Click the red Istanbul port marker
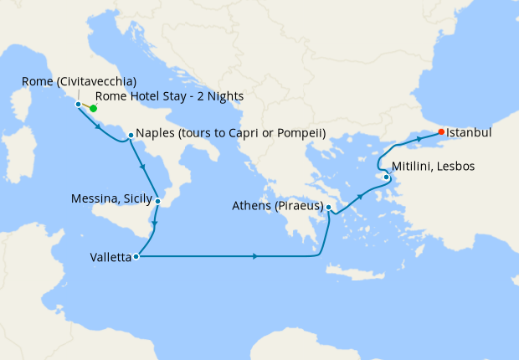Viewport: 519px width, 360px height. point(441,132)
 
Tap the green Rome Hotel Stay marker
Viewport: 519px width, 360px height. point(94,108)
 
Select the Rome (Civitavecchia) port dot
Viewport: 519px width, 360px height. point(78,105)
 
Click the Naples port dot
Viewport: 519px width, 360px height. point(130,135)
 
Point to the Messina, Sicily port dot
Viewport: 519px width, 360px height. point(157,201)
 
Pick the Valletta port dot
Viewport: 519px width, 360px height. point(136,257)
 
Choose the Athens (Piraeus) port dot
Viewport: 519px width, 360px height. point(329,207)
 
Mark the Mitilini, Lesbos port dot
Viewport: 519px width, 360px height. point(386,177)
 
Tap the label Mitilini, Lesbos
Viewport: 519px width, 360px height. point(434,167)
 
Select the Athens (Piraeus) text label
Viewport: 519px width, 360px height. point(278,203)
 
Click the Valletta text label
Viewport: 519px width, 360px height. point(110,258)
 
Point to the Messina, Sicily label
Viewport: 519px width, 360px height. point(112,198)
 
